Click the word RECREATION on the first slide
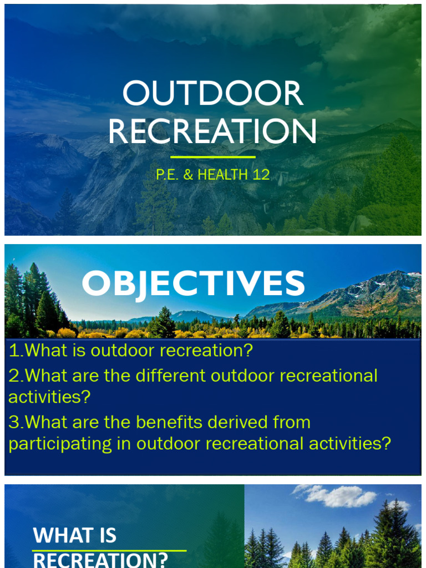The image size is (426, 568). coord(212,132)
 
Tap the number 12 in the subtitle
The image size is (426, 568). coord(261,175)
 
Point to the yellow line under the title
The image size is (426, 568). coord(212,157)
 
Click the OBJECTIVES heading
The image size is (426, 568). coord(193,283)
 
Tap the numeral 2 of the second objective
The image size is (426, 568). coord(13,376)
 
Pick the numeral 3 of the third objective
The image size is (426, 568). coord(13,422)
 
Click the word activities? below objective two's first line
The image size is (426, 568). coord(49,397)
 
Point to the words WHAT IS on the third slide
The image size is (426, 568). coord(75,535)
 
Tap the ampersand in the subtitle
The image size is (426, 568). coord(188,175)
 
